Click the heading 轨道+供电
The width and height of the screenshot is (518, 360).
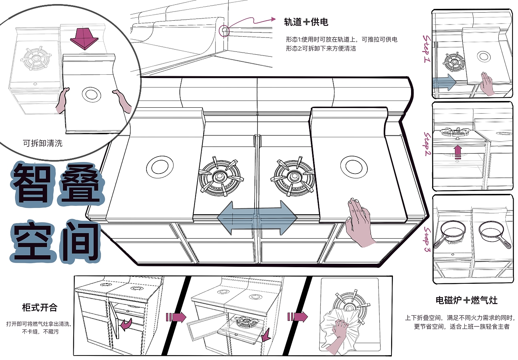[x=306, y=22]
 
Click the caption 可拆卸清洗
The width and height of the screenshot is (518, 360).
[x=43, y=143]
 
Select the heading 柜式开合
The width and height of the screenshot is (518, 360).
[x=40, y=307]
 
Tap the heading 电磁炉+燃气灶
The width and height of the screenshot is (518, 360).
[x=466, y=300]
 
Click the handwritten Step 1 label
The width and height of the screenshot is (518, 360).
[x=427, y=48]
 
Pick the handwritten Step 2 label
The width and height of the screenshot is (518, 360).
[x=427, y=144]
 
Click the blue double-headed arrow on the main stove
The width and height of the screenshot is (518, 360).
[x=257, y=218]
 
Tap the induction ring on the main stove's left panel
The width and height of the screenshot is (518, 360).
[x=160, y=166]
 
